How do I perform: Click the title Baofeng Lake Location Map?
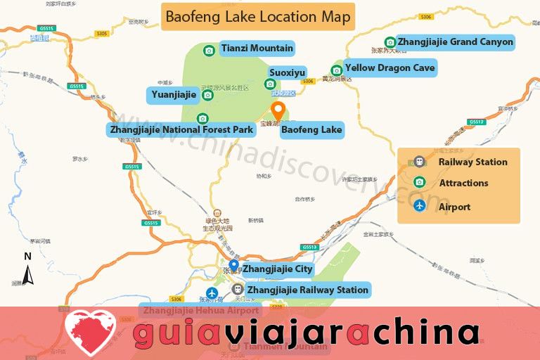click(x=258, y=16)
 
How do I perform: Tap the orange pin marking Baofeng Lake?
click(x=278, y=111)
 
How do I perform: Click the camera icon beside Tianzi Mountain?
click(x=209, y=50)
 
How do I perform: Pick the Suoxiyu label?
click(x=288, y=72)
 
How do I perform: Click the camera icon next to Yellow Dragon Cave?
click(x=336, y=70)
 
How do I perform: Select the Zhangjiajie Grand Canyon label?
click(x=455, y=42)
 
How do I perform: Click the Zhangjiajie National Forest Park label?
click(x=181, y=129)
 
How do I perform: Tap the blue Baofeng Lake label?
click(x=311, y=129)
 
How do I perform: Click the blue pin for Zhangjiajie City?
click(x=233, y=266)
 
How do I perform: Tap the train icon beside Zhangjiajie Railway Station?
click(x=238, y=289)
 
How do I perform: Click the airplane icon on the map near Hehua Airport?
click(x=210, y=292)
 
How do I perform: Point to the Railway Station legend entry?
click(x=472, y=162)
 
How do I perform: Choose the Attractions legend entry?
click(x=463, y=183)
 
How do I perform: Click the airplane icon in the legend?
click(x=420, y=206)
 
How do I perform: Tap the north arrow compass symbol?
click(x=28, y=270)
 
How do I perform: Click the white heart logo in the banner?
click(x=91, y=330)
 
